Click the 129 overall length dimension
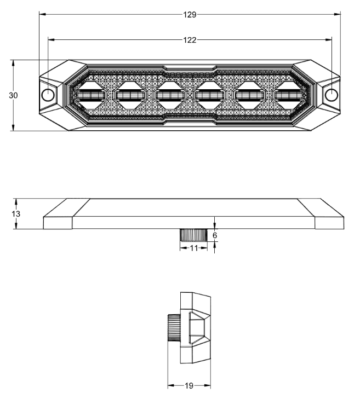coord(190,14)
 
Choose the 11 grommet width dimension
coord(194,248)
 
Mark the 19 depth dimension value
coord(189,385)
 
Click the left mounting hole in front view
coord(48,95)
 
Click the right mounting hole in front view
coord(331,95)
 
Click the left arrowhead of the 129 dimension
coord(41,14)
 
